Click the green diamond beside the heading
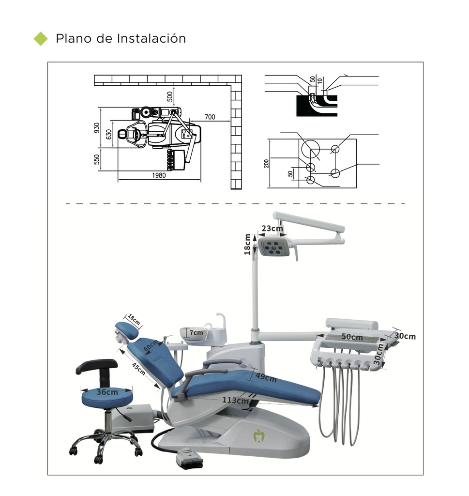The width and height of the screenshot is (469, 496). (x=41, y=39)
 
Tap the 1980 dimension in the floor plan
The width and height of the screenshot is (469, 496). (x=158, y=175)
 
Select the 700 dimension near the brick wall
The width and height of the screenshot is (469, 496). (x=210, y=117)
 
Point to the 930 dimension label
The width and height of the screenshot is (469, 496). (x=97, y=128)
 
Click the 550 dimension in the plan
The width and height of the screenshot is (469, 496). (x=97, y=159)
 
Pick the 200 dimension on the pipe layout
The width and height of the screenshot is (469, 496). (x=266, y=163)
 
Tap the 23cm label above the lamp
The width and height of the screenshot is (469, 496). (x=272, y=229)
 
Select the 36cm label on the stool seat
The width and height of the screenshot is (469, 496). (x=106, y=392)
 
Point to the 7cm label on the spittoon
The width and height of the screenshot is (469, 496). (x=196, y=333)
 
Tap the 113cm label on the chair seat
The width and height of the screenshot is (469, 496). (x=235, y=400)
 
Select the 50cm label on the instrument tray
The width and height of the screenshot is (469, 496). (x=352, y=337)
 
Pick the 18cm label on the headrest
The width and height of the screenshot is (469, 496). (x=134, y=320)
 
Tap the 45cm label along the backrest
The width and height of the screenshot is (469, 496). (x=138, y=369)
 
